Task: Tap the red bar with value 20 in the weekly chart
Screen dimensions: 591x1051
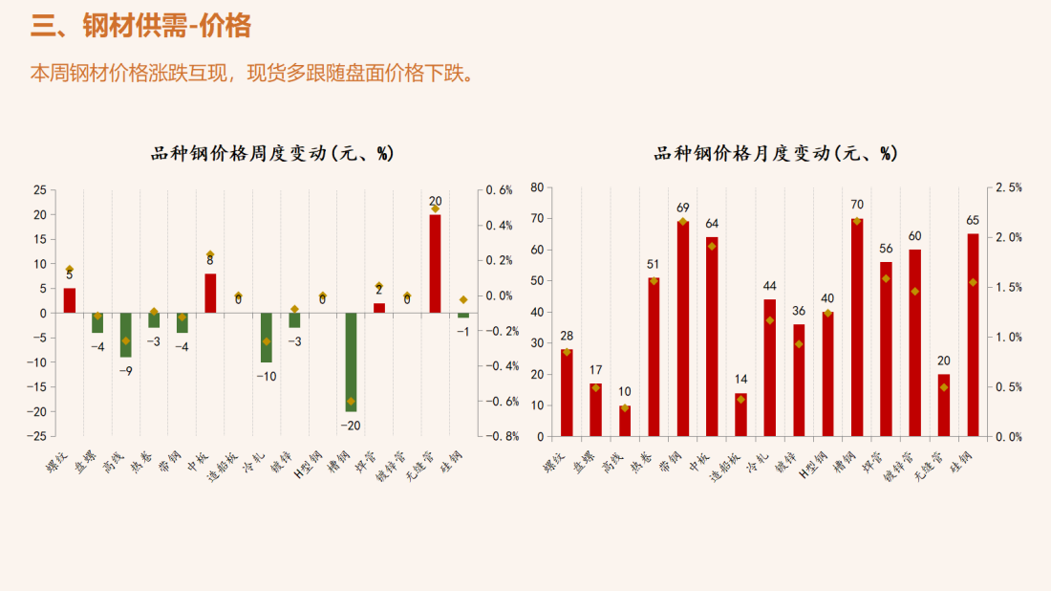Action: tap(435, 263)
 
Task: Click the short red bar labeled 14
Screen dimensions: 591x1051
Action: tap(740, 415)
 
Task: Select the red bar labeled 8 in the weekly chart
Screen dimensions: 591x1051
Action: tap(210, 294)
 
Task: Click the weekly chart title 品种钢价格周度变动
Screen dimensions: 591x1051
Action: tap(272, 153)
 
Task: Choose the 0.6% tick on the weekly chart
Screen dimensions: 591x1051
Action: tap(499, 190)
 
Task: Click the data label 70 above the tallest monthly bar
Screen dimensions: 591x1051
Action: tap(857, 205)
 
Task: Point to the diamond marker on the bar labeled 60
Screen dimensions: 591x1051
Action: tap(915, 292)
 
